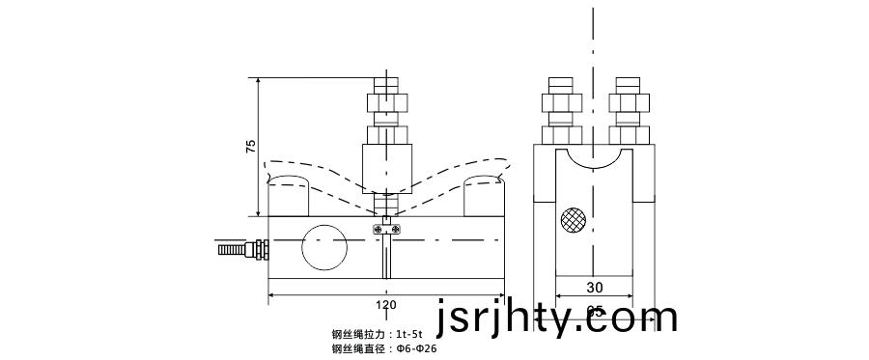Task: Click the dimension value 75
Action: pos(251,147)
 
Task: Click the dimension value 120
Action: pos(386,305)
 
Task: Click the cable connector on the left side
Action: pos(241,250)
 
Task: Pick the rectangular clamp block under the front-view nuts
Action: pos(386,166)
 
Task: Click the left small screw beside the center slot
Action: pos(377,228)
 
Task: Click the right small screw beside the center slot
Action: pos(397,228)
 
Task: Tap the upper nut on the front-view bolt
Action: pos(386,101)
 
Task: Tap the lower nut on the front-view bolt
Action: pos(386,133)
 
